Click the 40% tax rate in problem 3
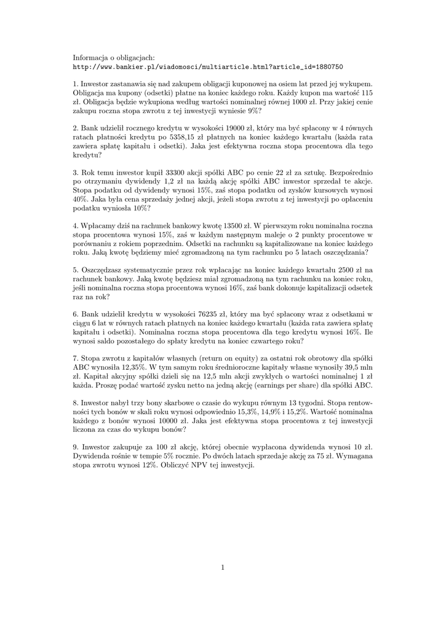pyautogui.click(x=80, y=199)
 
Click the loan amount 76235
pyautogui.click(x=209, y=314)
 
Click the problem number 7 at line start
pyautogui.click(x=74, y=358)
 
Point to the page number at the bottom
pyautogui.click(x=223, y=567)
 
